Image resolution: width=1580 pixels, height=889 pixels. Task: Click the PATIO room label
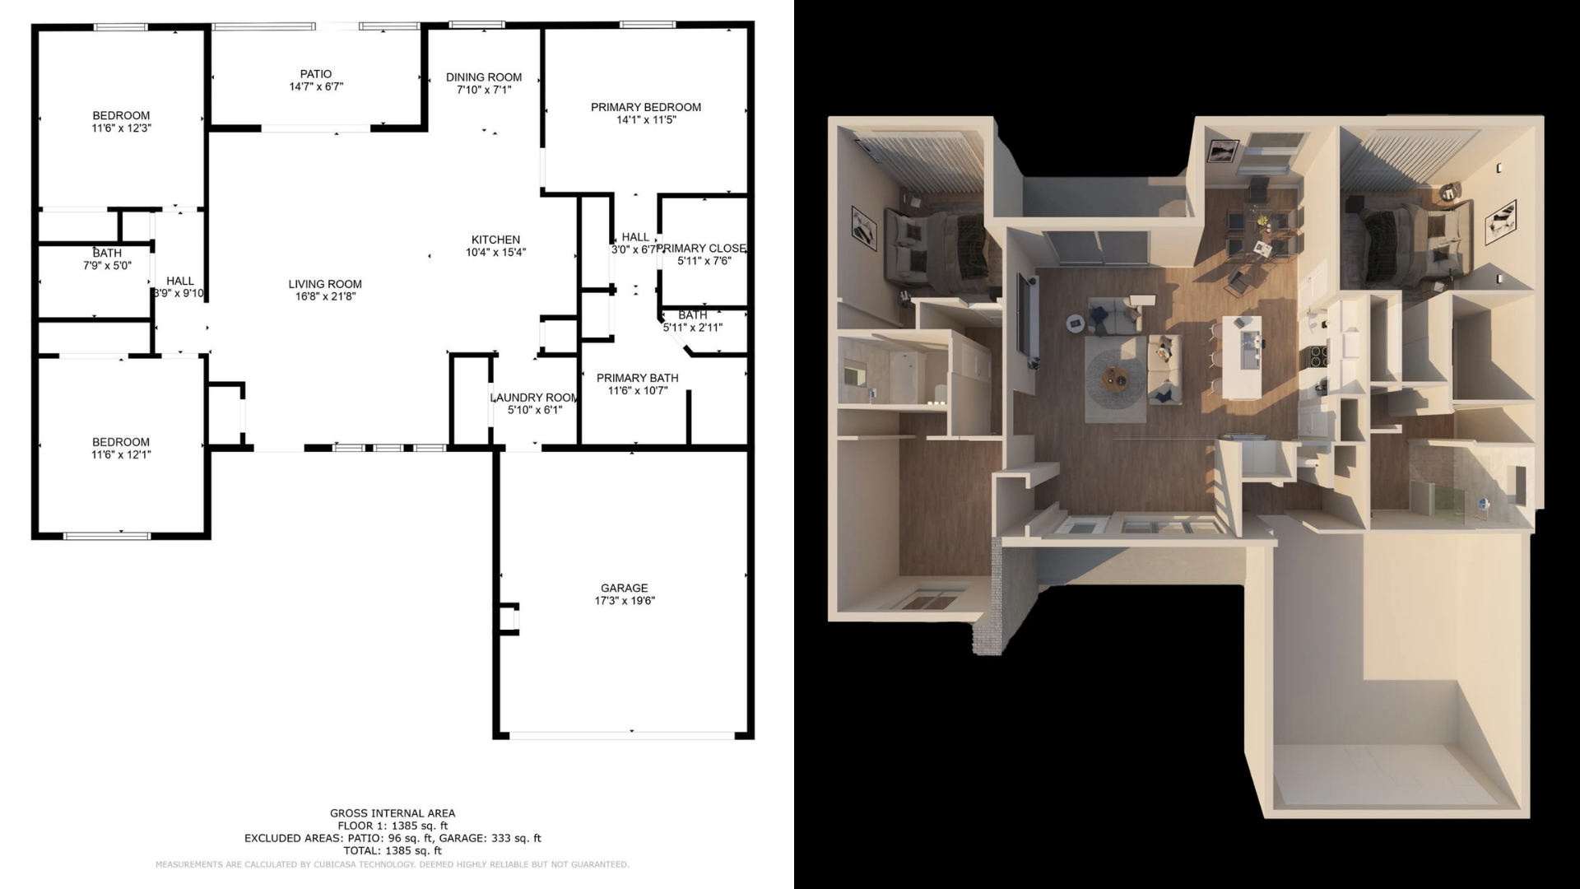[316, 74]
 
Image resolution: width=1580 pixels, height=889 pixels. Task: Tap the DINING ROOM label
[484, 77]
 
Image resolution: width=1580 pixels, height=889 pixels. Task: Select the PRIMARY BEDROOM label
[646, 107]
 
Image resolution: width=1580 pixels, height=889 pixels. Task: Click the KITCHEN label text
[495, 240]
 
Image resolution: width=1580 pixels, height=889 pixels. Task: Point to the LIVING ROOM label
[325, 284]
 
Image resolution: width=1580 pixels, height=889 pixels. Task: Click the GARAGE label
[624, 588]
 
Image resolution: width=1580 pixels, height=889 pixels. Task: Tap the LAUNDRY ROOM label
[535, 398]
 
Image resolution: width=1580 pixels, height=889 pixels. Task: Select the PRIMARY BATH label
[638, 378]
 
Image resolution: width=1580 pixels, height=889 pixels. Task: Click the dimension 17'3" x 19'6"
[625, 601]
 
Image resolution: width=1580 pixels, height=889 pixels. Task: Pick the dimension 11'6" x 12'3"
[121, 128]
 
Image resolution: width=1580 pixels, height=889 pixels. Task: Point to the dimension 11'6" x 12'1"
[121, 454]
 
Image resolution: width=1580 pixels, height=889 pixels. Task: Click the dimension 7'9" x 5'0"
[107, 266]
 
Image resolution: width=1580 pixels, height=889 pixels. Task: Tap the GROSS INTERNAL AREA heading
[393, 813]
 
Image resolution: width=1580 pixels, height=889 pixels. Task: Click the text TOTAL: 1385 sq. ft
[393, 850]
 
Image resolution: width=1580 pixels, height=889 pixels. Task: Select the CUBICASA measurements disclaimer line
[393, 864]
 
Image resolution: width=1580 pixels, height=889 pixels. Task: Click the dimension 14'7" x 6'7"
[316, 86]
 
